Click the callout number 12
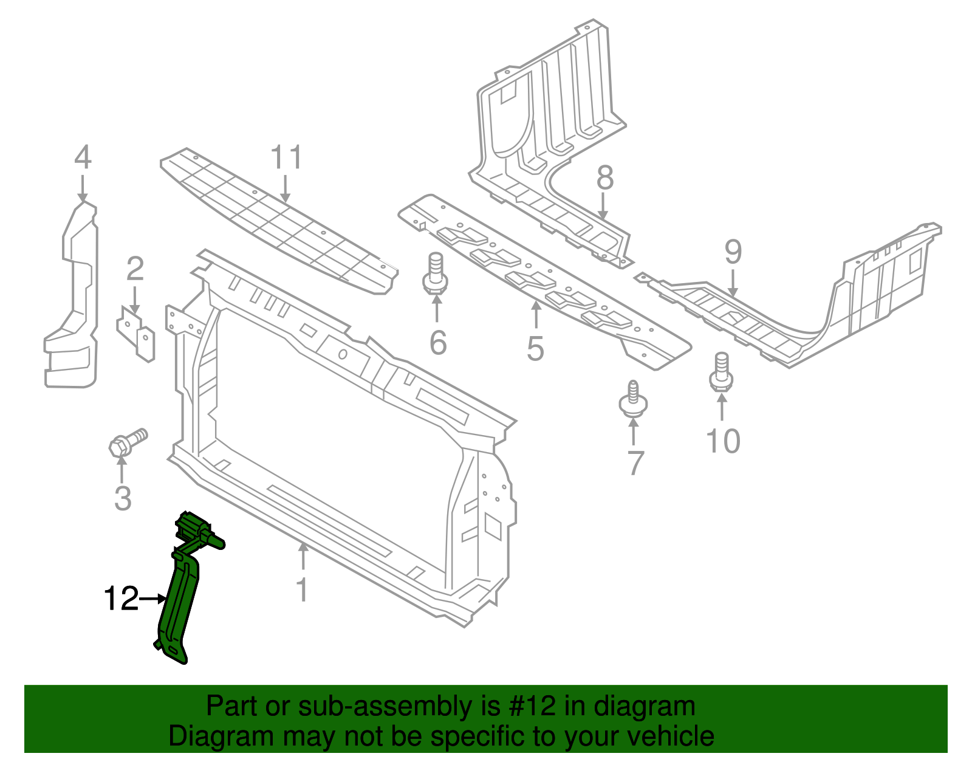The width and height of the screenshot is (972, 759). coord(122,599)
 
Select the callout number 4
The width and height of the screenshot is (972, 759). coord(83,157)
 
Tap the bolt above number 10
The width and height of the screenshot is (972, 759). coord(721,372)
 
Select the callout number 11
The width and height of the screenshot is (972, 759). coord(286,158)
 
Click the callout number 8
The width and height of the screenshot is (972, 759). coord(604,178)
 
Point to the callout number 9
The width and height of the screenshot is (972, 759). coord(733,252)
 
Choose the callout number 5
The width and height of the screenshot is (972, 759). coord(535,349)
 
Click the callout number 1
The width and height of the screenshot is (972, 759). coord(302,589)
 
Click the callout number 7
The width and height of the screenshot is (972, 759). coord(635,463)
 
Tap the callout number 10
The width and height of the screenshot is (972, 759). coord(723,441)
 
